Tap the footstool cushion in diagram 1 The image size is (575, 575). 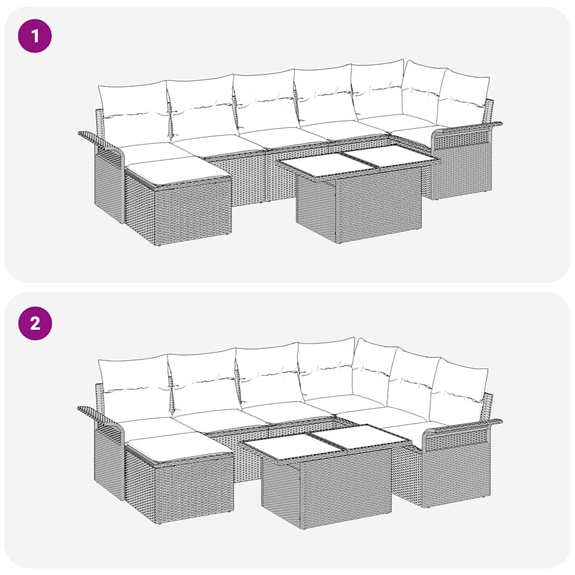pyautogui.click(x=177, y=170)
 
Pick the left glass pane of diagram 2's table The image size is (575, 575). pyautogui.click(x=287, y=446)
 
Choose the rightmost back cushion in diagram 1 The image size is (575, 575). pyautogui.click(x=463, y=98)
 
